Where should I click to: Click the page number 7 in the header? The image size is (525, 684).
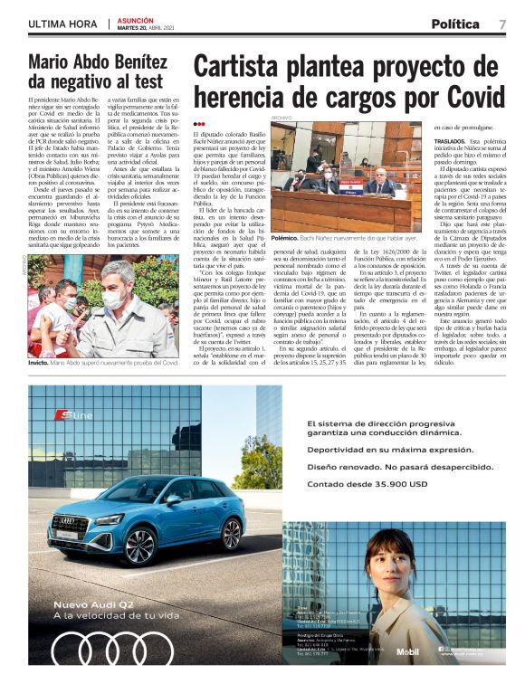pyautogui.click(x=501, y=24)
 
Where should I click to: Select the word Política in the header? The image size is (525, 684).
pyautogui.click(x=455, y=24)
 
